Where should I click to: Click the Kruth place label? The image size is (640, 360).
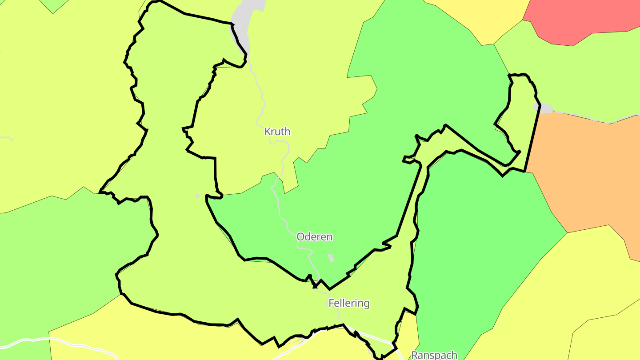point(277,132)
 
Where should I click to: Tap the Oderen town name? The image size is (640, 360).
point(314,237)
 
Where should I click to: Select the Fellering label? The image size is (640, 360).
point(349,304)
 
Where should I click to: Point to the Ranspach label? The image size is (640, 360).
point(434,355)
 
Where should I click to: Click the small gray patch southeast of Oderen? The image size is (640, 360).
point(331,258)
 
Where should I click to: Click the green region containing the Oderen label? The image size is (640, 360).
point(311,209)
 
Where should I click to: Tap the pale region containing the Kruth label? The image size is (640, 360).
point(302,89)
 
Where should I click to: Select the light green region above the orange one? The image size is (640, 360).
point(578,80)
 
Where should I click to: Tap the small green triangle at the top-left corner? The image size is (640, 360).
point(52,5)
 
